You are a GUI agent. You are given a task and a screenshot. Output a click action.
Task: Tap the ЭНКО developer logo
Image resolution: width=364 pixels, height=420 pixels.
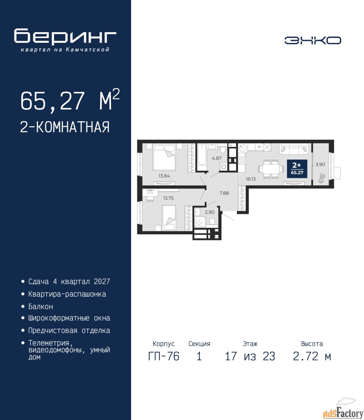click(x=312, y=40)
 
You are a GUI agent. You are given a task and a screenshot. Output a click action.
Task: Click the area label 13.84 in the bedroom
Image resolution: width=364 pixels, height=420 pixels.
click(x=164, y=176)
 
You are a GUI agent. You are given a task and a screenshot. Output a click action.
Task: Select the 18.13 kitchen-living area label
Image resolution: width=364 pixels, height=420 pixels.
click(x=250, y=179)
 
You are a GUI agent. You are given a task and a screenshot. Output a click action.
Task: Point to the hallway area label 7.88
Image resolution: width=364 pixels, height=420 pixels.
click(x=224, y=193)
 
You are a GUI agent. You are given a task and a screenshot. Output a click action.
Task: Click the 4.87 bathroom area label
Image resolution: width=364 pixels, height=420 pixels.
click(x=217, y=158)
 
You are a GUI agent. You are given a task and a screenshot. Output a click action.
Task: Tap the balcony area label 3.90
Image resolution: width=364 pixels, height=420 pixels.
click(x=320, y=164)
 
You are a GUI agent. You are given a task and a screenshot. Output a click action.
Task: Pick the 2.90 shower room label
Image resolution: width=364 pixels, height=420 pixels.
click(x=209, y=212)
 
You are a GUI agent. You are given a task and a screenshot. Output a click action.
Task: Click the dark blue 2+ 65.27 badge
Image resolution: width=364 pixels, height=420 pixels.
click(x=297, y=169)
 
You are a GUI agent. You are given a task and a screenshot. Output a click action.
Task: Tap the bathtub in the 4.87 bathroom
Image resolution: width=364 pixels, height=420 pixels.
click(x=202, y=157)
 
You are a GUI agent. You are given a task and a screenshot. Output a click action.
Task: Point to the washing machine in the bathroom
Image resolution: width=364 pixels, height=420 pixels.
click(x=224, y=167)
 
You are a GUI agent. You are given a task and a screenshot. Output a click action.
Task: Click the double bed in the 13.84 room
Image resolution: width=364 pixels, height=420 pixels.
click(x=164, y=157)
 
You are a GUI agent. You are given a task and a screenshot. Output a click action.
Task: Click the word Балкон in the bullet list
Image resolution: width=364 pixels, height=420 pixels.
click(x=41, y=306)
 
